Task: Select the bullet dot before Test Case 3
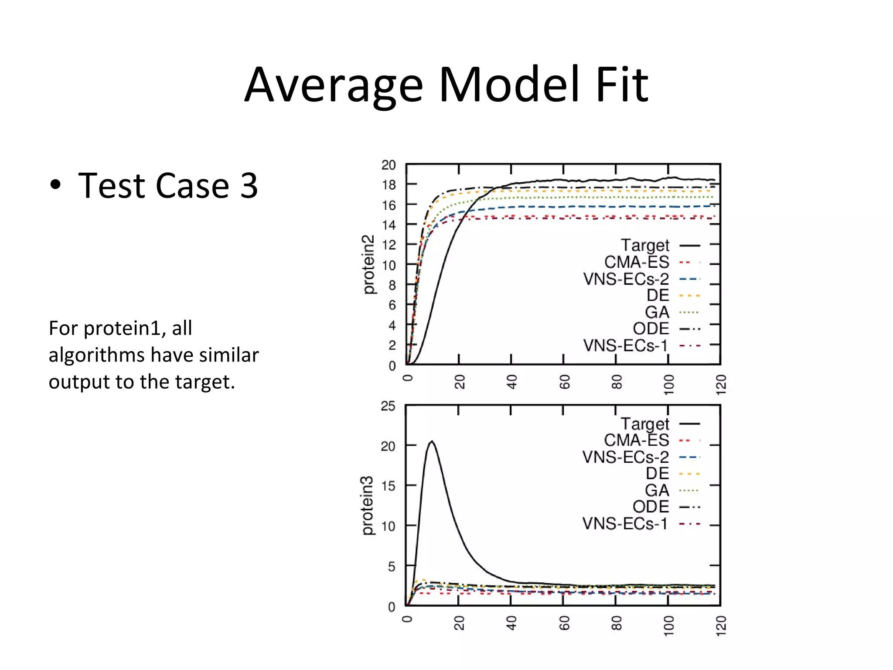pyautogui.click(x=55, y=185)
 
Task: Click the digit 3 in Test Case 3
pyautogui.click(x=249, y=185)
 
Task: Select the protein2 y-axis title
pyautogui.click(x=368, y=264)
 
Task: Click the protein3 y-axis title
pyautogui.click(x=368, y=505)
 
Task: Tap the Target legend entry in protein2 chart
pyautogui.click(x=645, y=246)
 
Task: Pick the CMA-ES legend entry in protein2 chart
pyautogui.click(x=636, y=262)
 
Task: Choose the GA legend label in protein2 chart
pyautogui.click(x=657, y=312)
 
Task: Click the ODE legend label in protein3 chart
pyautogui.click(x=651, y=507)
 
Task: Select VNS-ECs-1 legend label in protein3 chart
pyautogui.click(x=625, y=523)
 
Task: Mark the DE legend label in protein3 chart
pyautogui.click(x=657, y=474)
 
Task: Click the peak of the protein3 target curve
pyautogui.click(x=432, y=441)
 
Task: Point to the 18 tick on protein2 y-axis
pyautogui.click(x=389, y=185)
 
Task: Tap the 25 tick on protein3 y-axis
pyautogui.click(x=388, y=406)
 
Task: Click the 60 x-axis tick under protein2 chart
pyautogui.click(x=564, y=382)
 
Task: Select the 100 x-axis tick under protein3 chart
pyautogui.click(x=668, y=626)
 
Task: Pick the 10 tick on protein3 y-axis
pyautogui.click(x=388, y=526)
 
